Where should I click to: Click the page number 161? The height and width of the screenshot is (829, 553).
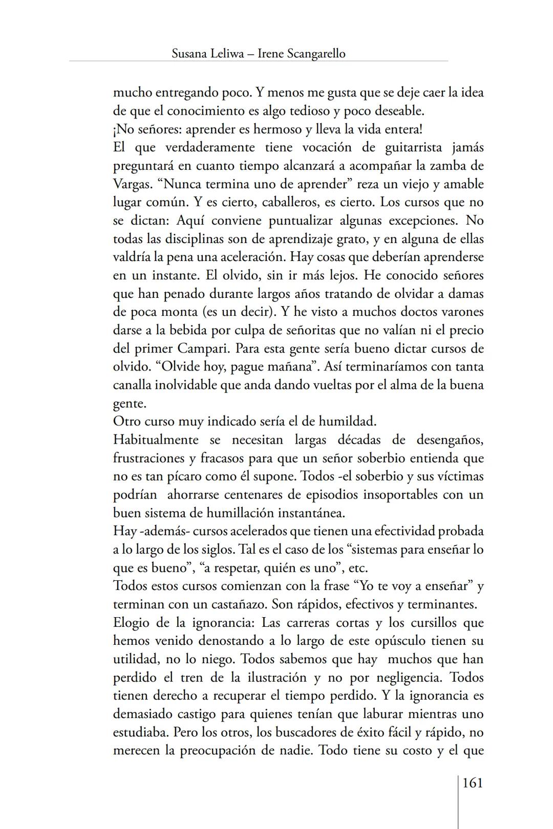pos(472,782)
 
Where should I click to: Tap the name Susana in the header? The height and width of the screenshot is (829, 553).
pos(189,53)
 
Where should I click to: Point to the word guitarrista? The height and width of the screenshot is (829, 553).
pos(413,147)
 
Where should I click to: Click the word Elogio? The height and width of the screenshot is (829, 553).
pos(131,623)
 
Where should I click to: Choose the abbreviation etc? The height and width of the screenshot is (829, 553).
pos(358,568)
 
